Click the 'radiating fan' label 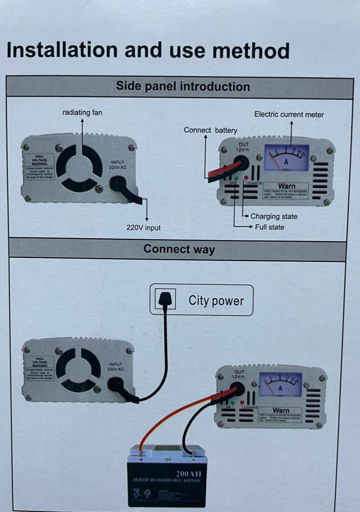pyautogui.click(x=82, y=113)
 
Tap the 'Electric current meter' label pyautogui.click(x=289, y=115)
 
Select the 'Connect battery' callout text pyautogui.click(x=210, y=130)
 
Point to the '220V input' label pyautogui.click(x=143, y=228)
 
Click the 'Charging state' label pyautogui.click(x=273, y=217)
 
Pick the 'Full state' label pyautogui.click(x=269, y=227)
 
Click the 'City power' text pyautogui.click(x=216, y=301)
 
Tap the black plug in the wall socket pyautogui.click(x=165, y=299)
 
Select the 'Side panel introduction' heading pyautogui.click(x=183, y=87)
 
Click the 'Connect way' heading pyautogui.click(x=179, y=249)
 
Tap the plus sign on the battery pyautogui.click(x=141, y=460)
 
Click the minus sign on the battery pyautogui.click(x=193, y=460)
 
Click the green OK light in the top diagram pyautogui.click(x=236, y=178)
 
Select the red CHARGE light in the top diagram pyautogui.click(x=246, y=177)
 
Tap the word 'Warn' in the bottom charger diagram pyautogui.click(x=281, y=410)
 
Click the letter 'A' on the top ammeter pyautogui.click(x=286, y=162)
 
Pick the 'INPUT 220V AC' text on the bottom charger pyautogui.click(x=116, y=367)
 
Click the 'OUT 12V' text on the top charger pyautogui.click(x=243, y=147)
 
